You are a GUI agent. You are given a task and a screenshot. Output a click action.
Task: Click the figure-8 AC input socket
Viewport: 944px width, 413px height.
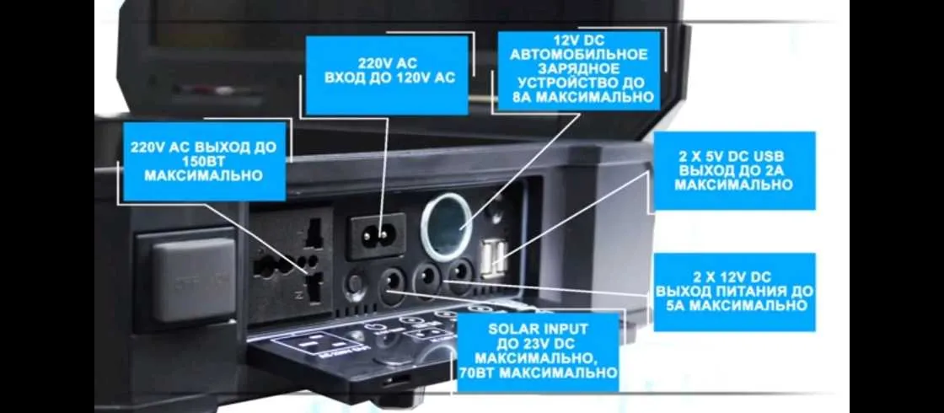click(377, 233)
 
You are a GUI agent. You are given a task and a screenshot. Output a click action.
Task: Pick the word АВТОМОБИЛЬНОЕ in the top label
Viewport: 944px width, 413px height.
click(580, 55)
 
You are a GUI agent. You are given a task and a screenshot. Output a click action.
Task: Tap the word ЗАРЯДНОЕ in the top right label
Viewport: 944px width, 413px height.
click(579, 69)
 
